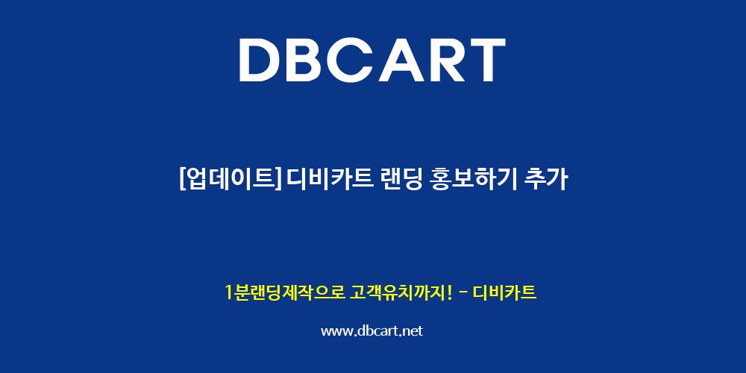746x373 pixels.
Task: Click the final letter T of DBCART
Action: pyautogui.click(x=487, y=60)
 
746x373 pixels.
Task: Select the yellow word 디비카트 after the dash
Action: pyautogui.click(x=505, y=292)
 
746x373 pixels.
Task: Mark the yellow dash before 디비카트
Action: pyautogui.click(x=462, y=293)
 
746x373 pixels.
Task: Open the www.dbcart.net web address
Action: pyautogui.click(x=372, y=331)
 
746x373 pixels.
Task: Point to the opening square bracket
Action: pyautogui.click(x=183, y=180)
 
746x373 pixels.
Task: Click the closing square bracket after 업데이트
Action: pyautogui.click(x=278, y=180)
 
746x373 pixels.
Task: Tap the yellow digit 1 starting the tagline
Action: pyautogui.click(x=228, y=292)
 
